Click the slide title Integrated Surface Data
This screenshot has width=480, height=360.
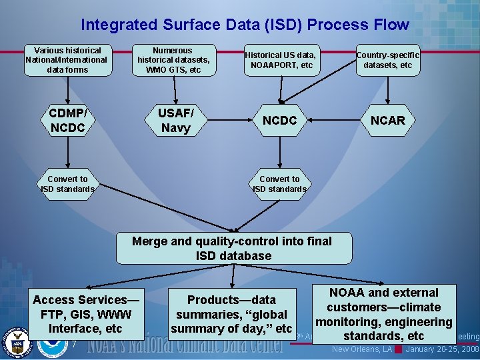[245, 25]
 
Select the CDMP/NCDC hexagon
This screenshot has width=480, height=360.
[67, 120]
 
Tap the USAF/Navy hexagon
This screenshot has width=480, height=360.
[175, 120]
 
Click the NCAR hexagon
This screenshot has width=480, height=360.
[387, 120]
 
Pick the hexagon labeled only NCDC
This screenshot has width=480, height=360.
[279, 120]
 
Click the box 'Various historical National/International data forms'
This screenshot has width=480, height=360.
[67, 60]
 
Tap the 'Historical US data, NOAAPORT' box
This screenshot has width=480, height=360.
[280, 60]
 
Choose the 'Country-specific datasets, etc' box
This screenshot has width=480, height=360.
[387, 60]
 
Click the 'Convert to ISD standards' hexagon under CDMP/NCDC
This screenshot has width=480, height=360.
[67, 184]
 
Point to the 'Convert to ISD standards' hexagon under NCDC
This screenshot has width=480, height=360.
[279, 184]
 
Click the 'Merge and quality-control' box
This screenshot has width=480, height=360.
[233, 248]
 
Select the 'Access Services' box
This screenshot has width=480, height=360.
[86, 314]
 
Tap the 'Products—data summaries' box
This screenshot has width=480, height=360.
[231, 314]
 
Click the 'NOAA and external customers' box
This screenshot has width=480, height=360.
[384, 314]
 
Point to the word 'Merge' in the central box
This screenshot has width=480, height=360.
[150, 241]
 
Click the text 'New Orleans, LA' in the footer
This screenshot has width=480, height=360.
[362, 349]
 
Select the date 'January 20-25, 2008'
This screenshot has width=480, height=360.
[442, 349]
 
